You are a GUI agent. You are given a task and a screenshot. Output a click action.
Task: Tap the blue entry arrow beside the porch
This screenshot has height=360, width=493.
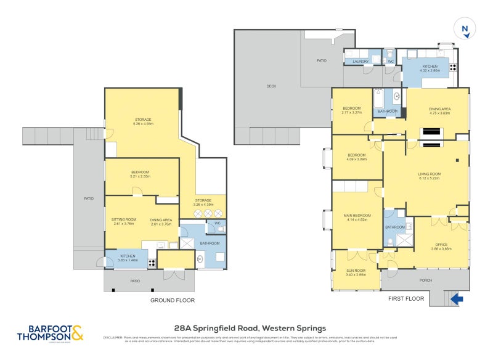point(457,299)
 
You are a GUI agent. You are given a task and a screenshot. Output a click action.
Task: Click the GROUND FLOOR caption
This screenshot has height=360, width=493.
point(173,300)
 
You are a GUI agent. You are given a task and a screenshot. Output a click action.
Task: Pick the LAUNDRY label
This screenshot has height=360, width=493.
point(361,61)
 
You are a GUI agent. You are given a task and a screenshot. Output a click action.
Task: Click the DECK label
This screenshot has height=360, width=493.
point(271,86)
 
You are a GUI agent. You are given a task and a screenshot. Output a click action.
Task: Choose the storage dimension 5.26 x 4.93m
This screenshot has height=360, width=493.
point(144,124)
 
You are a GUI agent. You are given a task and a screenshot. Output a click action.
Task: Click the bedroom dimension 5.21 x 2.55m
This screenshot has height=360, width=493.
point(141,176)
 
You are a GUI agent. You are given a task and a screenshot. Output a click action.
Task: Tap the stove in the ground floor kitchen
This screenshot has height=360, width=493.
point(152,262)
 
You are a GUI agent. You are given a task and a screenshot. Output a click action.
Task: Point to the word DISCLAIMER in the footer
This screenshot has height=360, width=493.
point(113,337)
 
